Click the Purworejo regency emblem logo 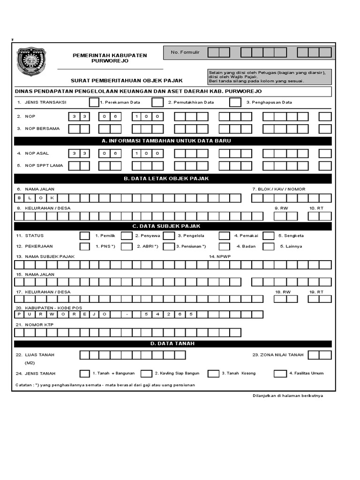pyautogui.click(x=32, y=61)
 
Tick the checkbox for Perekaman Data pyautogui.click(x=94, y=102)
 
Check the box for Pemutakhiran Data pyautogui.click(x=157, y=102)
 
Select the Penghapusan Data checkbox pyautogui.click(x=235, y=102)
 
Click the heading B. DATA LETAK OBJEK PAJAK pyautogui.click(x=173, y=179)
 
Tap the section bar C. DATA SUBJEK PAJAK pyautogui.click(x=173, y=226)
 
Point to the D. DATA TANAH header pyautogui.click(x=173, y=344)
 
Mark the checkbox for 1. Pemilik pyautogui.click(x=85, y=236)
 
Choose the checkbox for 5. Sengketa pyautogui.click(x=269, y=236)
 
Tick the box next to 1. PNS pyautogui.click(x=85, y=247)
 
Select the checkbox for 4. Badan pyautogui.click(x=225, y=247)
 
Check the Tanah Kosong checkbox pyautogui.click(x=213, y=374)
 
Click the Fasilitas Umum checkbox pyautogui.click(x=280, y=374)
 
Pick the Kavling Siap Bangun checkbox pyautogui.click(x=146, y=374)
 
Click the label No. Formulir pyautogui.click(x=185, y=52)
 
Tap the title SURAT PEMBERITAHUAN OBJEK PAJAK pyautogui.click(x=127, y=81)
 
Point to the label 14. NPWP pyautogui.click(x=220, y=257)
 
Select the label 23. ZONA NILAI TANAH pyautogui.click(x=278, y=355)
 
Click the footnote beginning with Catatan pyautogui.click(x=105, y=385)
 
